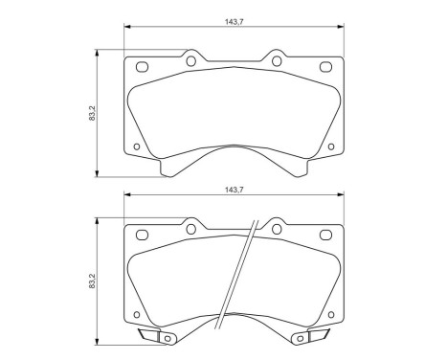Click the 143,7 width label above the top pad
[235, 21]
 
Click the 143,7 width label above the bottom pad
[235, 190]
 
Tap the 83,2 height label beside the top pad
[92, 113]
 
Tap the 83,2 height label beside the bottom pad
[92, 281]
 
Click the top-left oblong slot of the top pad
[142, 67]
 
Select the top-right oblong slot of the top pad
[325, 67]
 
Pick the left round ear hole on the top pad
[190, 60]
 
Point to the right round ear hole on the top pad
[277, 60]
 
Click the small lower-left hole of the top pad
[137, 146]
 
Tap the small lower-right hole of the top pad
[331, 146]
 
